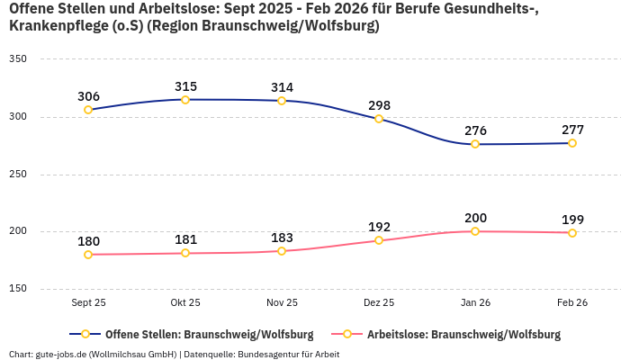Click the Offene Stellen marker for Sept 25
(88, 110)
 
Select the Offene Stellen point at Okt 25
(185, 100)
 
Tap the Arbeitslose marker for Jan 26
(475, 231)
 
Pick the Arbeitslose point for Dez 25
(379, 240)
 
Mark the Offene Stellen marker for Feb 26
(572, 143)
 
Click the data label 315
(185, 86)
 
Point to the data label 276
(475, 130)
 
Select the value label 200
(475, 218)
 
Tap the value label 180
(88, 241)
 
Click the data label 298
(379, 105)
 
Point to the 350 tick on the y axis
(18, 59)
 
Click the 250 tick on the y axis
(18, 175)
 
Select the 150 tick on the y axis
(18, 289)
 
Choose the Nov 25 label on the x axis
(282, 303)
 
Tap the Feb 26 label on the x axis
(572, 303)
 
